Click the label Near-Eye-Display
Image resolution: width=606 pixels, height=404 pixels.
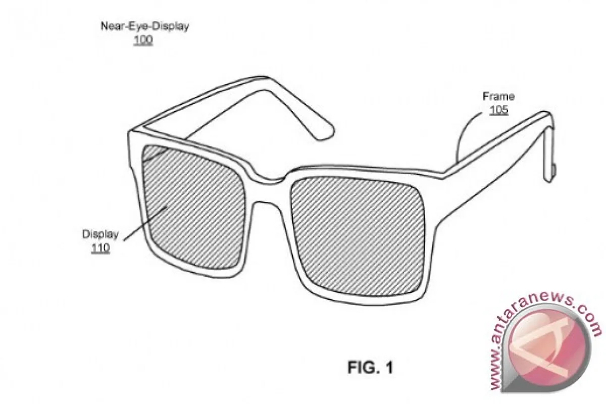click(145, 27)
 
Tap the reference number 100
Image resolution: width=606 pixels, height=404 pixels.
click(143, 40)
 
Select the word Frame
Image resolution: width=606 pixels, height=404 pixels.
click(498, 96)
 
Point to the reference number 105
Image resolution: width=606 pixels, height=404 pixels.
click(498, 110)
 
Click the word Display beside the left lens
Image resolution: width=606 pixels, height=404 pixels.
click(100, 234)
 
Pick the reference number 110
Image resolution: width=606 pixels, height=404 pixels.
click(100, 248)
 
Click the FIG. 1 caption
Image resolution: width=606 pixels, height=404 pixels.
click(370, 367)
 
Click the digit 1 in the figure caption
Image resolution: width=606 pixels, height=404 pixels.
click(389, 367)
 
